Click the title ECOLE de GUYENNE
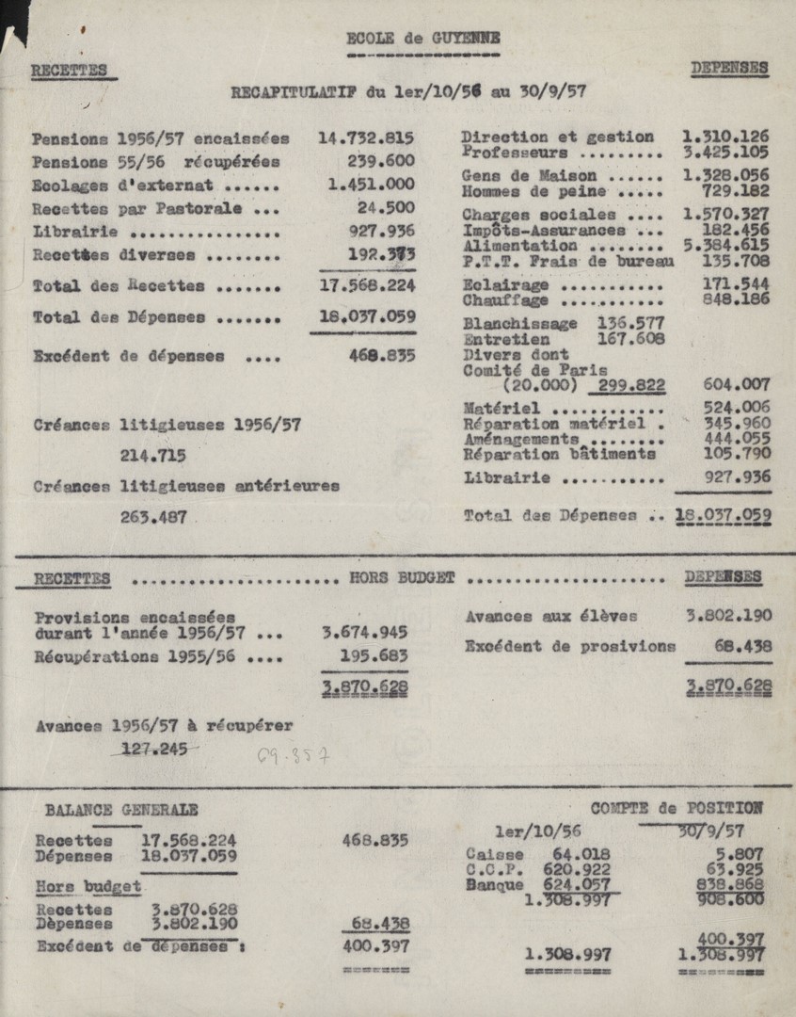coord(422,39)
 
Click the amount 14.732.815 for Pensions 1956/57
coord(366,137)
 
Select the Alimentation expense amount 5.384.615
coord(725,244)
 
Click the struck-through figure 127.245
coord(154,749)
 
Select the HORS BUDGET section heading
coord(402,577)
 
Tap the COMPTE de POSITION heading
coord(677,808)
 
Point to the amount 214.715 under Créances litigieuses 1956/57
coord(152,456)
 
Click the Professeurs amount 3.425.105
coord(724,152)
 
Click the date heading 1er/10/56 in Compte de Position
coord(537,831)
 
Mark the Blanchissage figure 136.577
coord(630,323)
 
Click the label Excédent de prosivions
coord(569,646)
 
